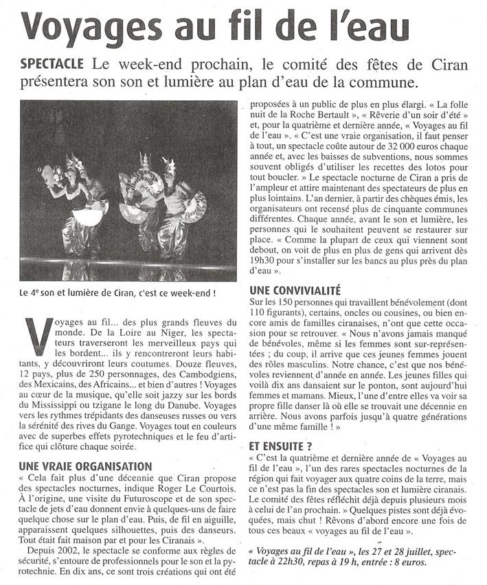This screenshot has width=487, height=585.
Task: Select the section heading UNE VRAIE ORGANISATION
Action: (x=86, y=466)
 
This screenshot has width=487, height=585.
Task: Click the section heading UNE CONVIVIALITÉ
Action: (x=295, y=290)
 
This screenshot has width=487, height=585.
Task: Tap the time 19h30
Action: (x=264, y=258)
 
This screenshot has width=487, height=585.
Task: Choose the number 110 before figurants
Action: (x=260, y=312)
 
